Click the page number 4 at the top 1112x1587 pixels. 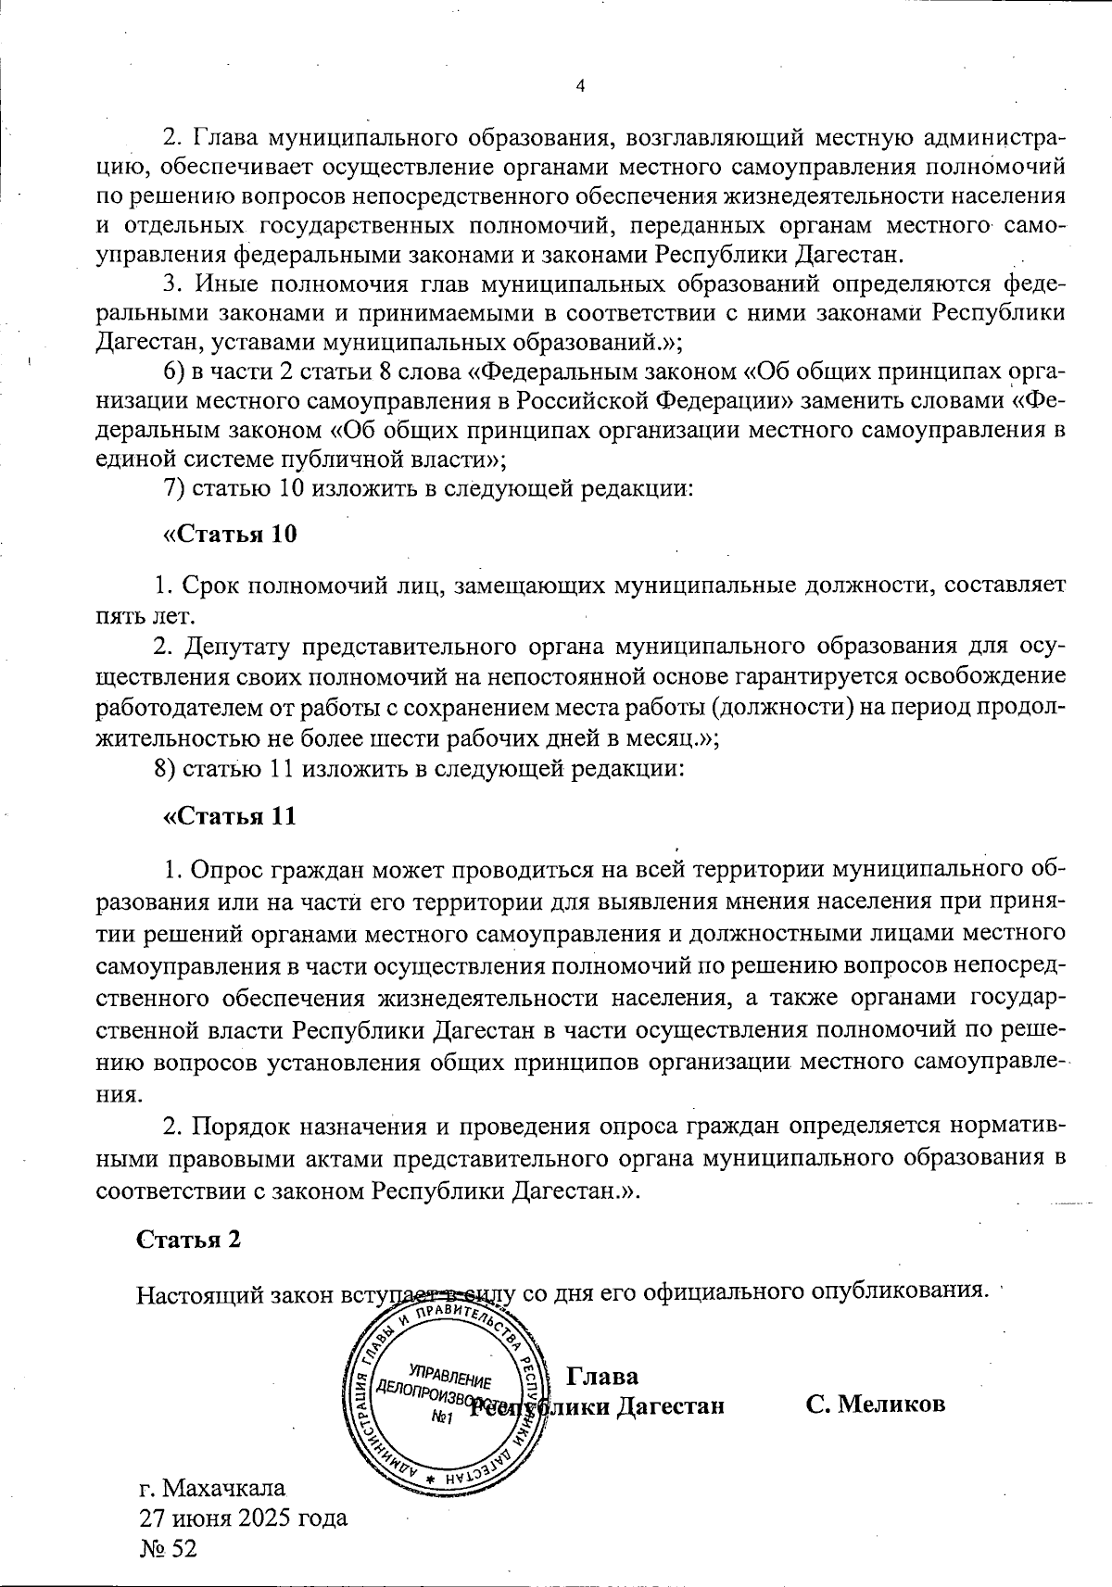point(580,86)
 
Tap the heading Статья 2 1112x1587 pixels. point(189,1240)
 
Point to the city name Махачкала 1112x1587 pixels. point(224,1488)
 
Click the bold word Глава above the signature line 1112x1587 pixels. point(601,1375)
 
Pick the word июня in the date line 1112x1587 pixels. point(197,1518)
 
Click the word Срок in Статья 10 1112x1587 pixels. point(213,586)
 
